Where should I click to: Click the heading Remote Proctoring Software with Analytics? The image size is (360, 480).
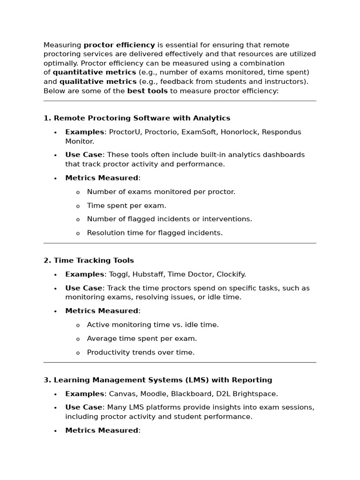pyautogui.click(x=142, y=118)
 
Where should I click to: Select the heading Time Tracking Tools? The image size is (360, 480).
pyautogui.click(x=94, y=261)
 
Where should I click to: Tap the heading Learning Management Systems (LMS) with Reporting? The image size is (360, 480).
pyautogui.click(x=163, y=380)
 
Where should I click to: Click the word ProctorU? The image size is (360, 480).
pyautogui.click(x=125, y=132)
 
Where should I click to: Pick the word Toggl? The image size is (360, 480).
pyautogui.click(x=119, y=275)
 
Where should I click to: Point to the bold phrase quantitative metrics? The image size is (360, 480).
pyautogui.click(x=95, y=73)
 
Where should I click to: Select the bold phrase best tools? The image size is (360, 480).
pyautogui.click(x=147, y=91)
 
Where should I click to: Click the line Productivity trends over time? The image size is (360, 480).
pyautogui.click(x=141, y=352)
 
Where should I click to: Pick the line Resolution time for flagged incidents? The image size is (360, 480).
pyautogui.click(x=155, y=233)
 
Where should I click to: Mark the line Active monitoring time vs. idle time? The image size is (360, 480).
pyautogui.click(x=153, y=325)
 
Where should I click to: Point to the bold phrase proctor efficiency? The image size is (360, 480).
pyautogui.click(x=119, y=45)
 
